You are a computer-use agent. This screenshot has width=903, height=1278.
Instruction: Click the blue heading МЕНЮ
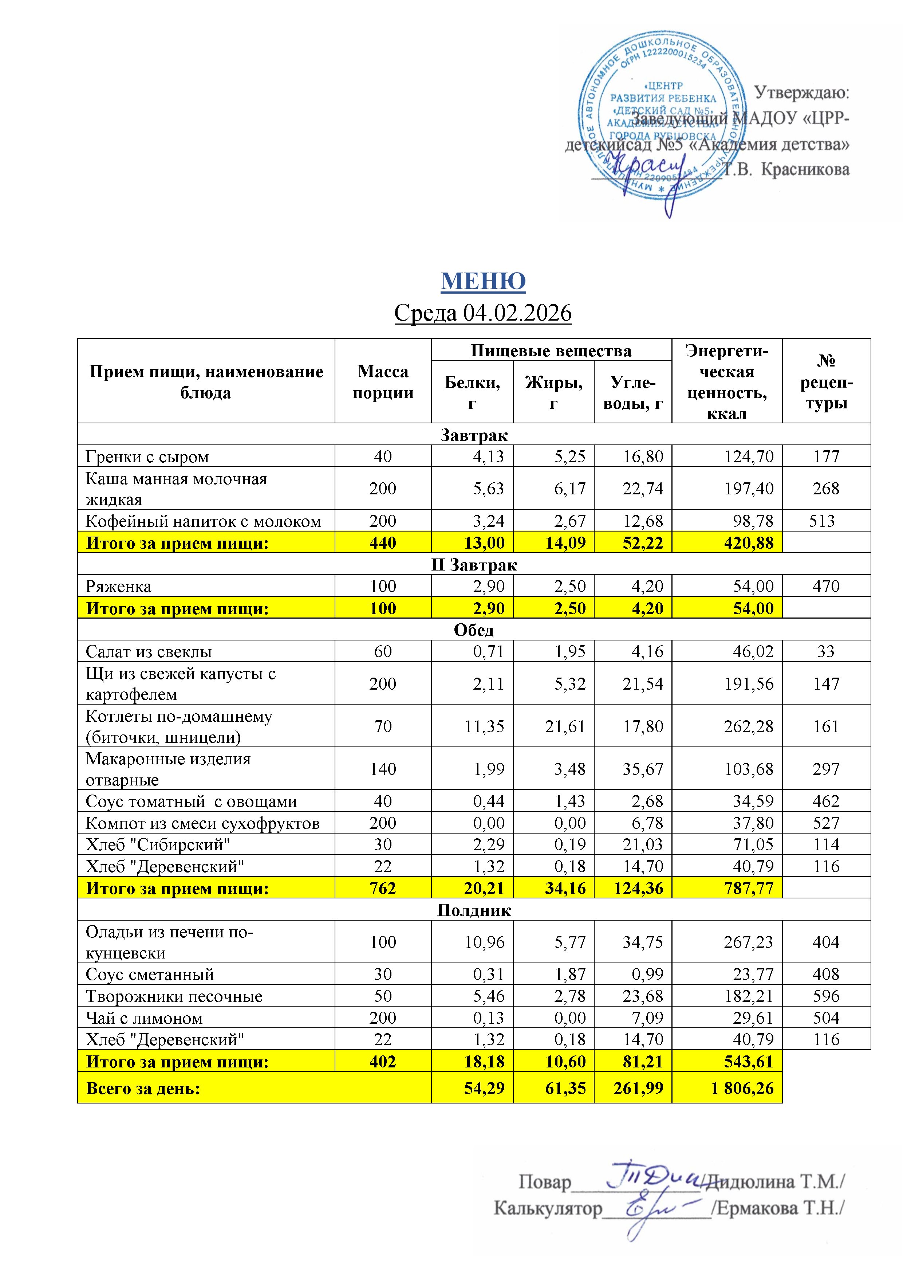click(483, 281)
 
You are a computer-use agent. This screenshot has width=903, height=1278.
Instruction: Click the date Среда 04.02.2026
click(483, 313)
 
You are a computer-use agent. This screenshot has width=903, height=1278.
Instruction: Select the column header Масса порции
click(383, 381)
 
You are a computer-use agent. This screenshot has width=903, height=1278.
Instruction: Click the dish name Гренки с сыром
click(147, 457)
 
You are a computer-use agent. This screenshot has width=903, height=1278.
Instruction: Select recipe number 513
click(822, 521)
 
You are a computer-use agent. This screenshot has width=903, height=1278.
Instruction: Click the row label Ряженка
click(118, 586)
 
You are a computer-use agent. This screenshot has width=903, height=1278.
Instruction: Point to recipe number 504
click(826, 1018)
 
